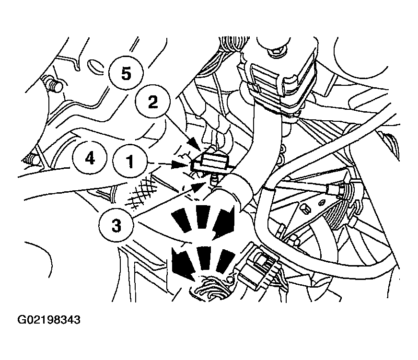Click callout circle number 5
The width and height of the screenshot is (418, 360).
pos(126,72)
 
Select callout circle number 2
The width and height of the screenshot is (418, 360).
pos(152,102)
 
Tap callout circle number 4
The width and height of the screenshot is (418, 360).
pos(90,159)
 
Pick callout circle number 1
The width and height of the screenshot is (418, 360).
pos(130,161)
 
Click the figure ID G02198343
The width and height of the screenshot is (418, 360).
pos(49,320)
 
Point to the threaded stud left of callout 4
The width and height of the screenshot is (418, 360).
pos(30,161)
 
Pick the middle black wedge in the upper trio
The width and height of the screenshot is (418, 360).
pos(203,216)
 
